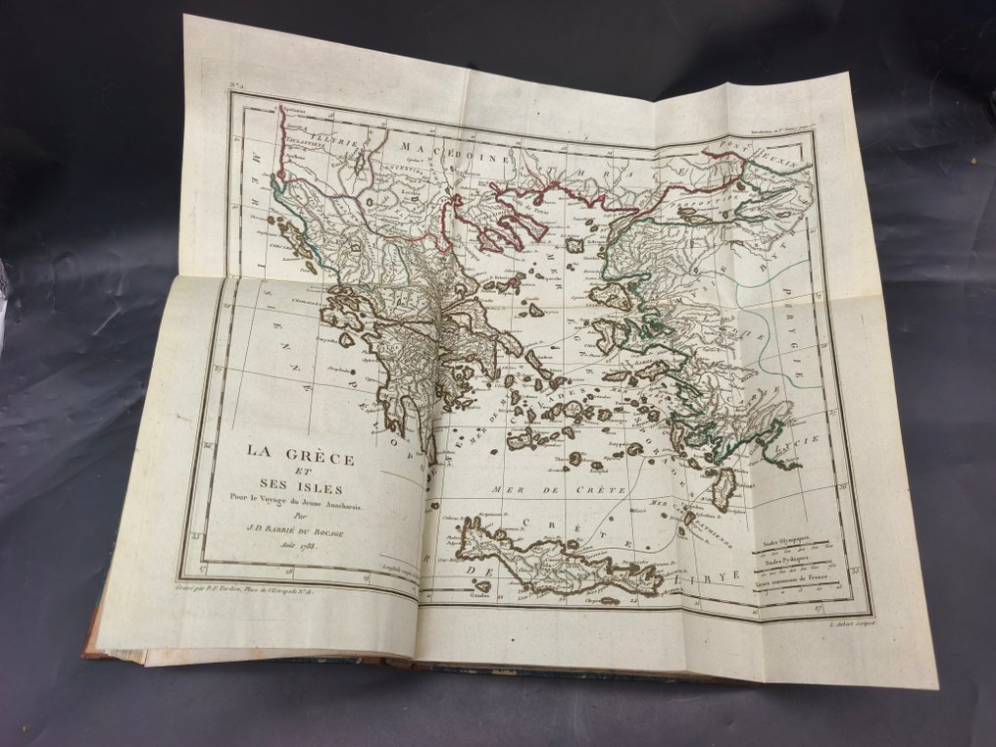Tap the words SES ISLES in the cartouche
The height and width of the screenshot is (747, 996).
(x=298, y=487)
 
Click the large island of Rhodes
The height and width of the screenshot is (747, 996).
(x=723, y=487)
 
